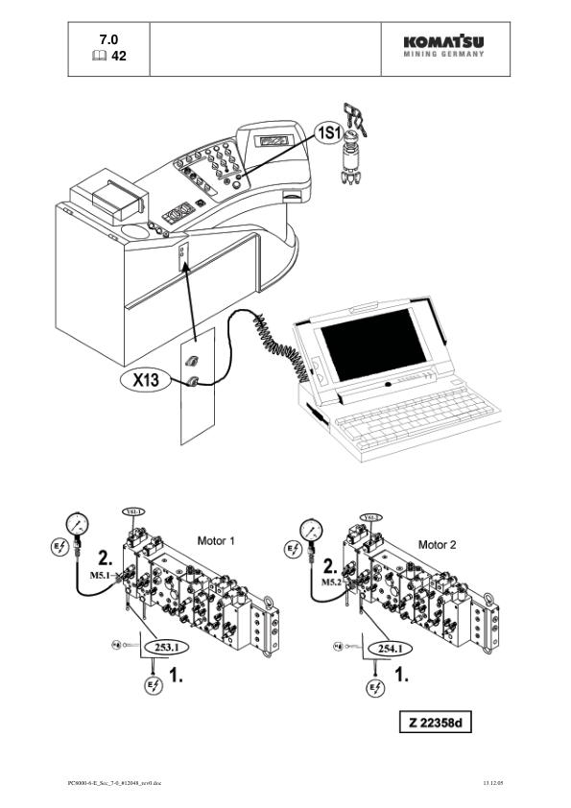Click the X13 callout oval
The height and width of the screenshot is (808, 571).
146,380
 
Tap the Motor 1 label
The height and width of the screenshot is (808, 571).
216,542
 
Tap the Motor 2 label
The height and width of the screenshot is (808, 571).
438,544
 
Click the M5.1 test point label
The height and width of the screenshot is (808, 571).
102,576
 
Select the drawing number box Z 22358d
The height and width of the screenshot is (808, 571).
436,722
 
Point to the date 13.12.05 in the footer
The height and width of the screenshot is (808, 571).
493,784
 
